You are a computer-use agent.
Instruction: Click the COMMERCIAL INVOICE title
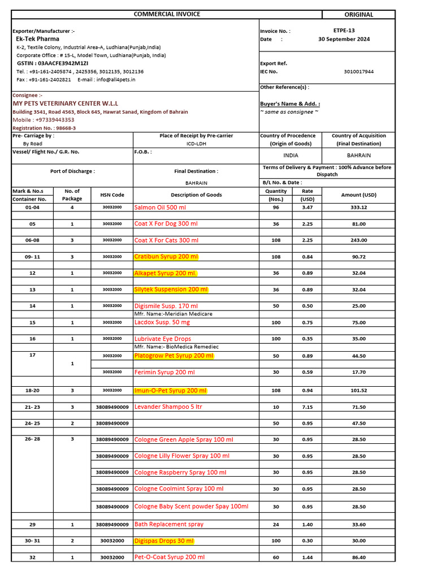click(167, 14)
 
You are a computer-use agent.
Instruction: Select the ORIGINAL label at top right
click(358, 15)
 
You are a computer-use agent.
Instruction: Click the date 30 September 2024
click(344, 40)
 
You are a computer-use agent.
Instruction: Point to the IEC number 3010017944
click(358, 72)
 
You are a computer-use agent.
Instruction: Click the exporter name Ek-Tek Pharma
click(37, 39)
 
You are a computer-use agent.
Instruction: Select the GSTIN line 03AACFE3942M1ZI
click(53, 64)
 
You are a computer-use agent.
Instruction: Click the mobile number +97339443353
click(44, 120)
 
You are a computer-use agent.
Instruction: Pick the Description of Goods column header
click(196, 195)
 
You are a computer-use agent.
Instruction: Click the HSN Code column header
click(112, 195)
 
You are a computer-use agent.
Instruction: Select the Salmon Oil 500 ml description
click(160, 208)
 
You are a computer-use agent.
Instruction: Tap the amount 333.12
click(358, 208)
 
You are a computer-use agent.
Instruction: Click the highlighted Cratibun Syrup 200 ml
click(166, 257)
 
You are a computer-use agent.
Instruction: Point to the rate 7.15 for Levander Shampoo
click(307, 407)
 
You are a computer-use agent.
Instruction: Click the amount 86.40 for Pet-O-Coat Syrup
click(358, 558)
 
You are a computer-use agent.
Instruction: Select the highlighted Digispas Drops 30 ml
click(164, 541)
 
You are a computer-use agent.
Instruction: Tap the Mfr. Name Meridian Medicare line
click(173, 314)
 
